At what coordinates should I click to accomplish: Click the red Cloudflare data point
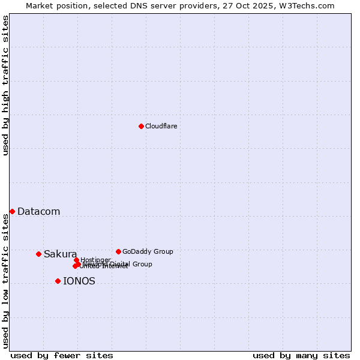pos(141,126)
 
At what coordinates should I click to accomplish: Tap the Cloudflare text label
pos(161,127)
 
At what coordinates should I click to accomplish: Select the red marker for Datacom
pos(12,211)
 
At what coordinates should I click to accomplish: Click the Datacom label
pos(38,211)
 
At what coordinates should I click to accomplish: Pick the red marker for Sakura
pos(38,254)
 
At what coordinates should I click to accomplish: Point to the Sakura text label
pos(60,254)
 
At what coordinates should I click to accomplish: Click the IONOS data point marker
pos(58,281)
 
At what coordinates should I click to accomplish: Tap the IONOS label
pos(79,281)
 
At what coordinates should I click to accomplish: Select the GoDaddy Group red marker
pos(118,251)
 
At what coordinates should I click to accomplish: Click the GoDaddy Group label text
pos(148,252)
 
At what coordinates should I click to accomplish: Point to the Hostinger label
pos(95,260)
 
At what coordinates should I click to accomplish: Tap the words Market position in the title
pos(53,5)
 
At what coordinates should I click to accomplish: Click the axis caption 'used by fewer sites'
pos(62,355)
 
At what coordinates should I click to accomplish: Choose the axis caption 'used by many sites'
pos(301,355)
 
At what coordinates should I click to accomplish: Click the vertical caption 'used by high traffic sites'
pos(5,85)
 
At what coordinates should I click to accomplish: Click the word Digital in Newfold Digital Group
pos(119,264)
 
